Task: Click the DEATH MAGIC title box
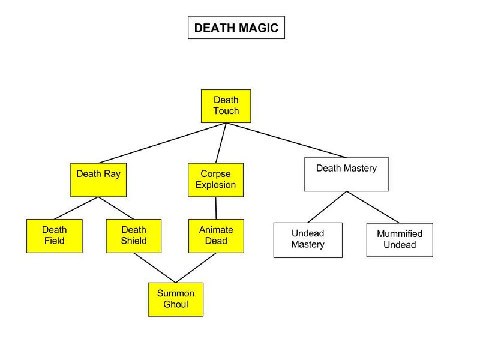pyautogui.click(x=236, y=28)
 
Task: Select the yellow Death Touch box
pyautogui.click(x=226, y=106)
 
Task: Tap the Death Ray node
pyautogui.click(x=98, y=179)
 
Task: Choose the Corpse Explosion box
pyautogui.click(x=215, y=179)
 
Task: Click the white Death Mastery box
pyautogui.click(x=346, y=174)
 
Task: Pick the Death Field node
pyautogui.click(x=55, y=235)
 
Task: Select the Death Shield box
pyautogui.click(x=134, y=235)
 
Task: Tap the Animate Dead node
pyautogui.click(x=216, y=235)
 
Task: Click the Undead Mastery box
pyautogui.click(x=308, y=240)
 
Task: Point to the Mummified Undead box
pyautogui.click(x=400, y=239)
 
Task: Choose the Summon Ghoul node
pyautogui.click(x=176, y=299)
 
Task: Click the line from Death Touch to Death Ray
pyautogui.click(x=162, y=143)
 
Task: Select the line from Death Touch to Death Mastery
pyautogui.click(x=286, y=140)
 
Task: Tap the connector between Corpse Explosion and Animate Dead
pyautogui.click(x=216, y=208)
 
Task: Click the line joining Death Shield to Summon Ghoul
pyautogui.click(x=155, y=268)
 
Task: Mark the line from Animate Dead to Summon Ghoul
pyautogui.click(x=196, y=268)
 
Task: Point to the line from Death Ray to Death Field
pyautogui.click(x=77, y=208)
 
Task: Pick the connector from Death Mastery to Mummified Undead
pyautogui.click(x=373, y=207)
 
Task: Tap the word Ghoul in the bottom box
pyautogui.click(x=176, y=304)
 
